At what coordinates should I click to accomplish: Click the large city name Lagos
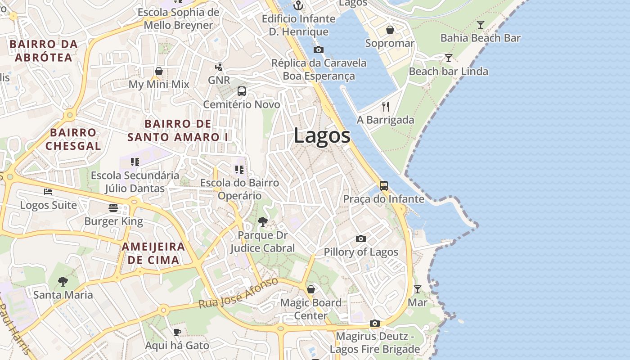pyautogui.click(x=322, y=135)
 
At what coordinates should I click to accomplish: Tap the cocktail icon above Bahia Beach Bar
pyautogui.click(x=481, y=25)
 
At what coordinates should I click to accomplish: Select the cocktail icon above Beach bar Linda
pyautogui.click(x=448, y=58)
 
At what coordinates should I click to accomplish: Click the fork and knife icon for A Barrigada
pyautogui.click(x=385, y=107)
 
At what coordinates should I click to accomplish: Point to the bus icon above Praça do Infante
pyautogui.click(x=383, y=185)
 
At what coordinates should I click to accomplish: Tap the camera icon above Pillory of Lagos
pyautogui.click(x=361, y=238)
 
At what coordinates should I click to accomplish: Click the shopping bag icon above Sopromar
pyautogui.click(x=390, y=30)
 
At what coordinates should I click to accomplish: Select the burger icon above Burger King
pyautogui.click(x=113, y=208)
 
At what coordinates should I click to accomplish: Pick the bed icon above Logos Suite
pyautogui.click(x=48, y=192)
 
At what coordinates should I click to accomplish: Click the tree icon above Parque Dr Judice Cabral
pyautogui.click(x=262, y=221)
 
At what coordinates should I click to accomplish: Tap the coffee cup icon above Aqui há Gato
pyautogui.click(x=177, y=332)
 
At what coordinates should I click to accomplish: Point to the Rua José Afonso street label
pyautogui.click(x=239, y=293)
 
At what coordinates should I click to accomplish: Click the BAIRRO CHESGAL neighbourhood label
pyautogui.click(x=73, y=139)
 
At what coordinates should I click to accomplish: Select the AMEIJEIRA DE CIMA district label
pyautogui.click(x=153, y=253)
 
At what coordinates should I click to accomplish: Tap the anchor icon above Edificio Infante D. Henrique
pyautogui.click(x=298, y=6)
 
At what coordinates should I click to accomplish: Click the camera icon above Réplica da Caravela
pyautogui.click(x=319, y=49)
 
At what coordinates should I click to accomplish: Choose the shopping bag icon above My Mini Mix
pyautogui.click(x=159, y=71)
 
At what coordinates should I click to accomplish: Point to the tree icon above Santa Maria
pyautogui.click(x=63, y=282)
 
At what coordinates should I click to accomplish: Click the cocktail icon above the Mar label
pyautogui.click(x=418, y=289)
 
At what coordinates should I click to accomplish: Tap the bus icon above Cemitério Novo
pyautogui.click(x=242, y=91)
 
